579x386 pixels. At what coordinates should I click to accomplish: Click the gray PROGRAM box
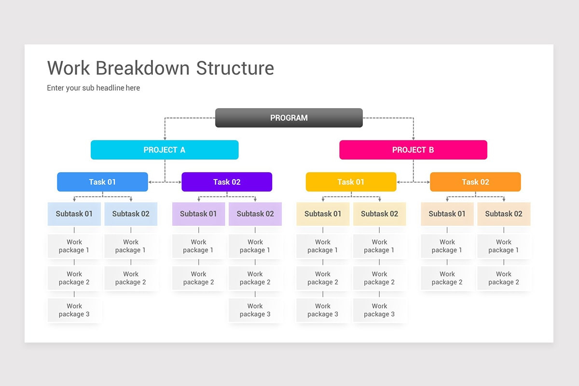coord(289,118)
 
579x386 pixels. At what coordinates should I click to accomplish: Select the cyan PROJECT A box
coord(165,150)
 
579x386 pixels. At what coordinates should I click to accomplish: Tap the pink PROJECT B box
coord(413,150)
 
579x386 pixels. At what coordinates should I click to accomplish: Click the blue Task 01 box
coord(102,182)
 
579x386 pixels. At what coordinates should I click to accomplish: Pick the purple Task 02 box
coord(227,182)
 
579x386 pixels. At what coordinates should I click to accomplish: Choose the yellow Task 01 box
coord(351,182)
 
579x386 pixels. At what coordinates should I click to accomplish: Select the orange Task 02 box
coord(475,182)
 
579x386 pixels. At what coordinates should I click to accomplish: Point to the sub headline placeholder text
coord(93,88)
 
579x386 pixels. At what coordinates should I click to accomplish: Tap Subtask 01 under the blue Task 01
coord(74,214)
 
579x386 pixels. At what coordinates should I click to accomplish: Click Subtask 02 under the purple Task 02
coord(255,214)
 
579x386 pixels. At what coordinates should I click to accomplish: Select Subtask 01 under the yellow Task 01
coord(323,214)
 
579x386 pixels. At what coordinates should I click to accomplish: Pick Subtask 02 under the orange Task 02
coord(504,214)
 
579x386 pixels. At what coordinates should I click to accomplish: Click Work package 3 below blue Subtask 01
coord(74,310)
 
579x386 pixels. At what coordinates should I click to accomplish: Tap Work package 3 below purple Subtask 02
coord(255,310)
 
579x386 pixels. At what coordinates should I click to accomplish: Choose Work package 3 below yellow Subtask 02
coord(379,310)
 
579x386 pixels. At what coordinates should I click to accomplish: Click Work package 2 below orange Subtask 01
coord(447,278)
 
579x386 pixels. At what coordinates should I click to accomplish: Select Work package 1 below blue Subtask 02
coord(131,246)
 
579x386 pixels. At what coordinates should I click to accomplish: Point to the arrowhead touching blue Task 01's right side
coord(151,182)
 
